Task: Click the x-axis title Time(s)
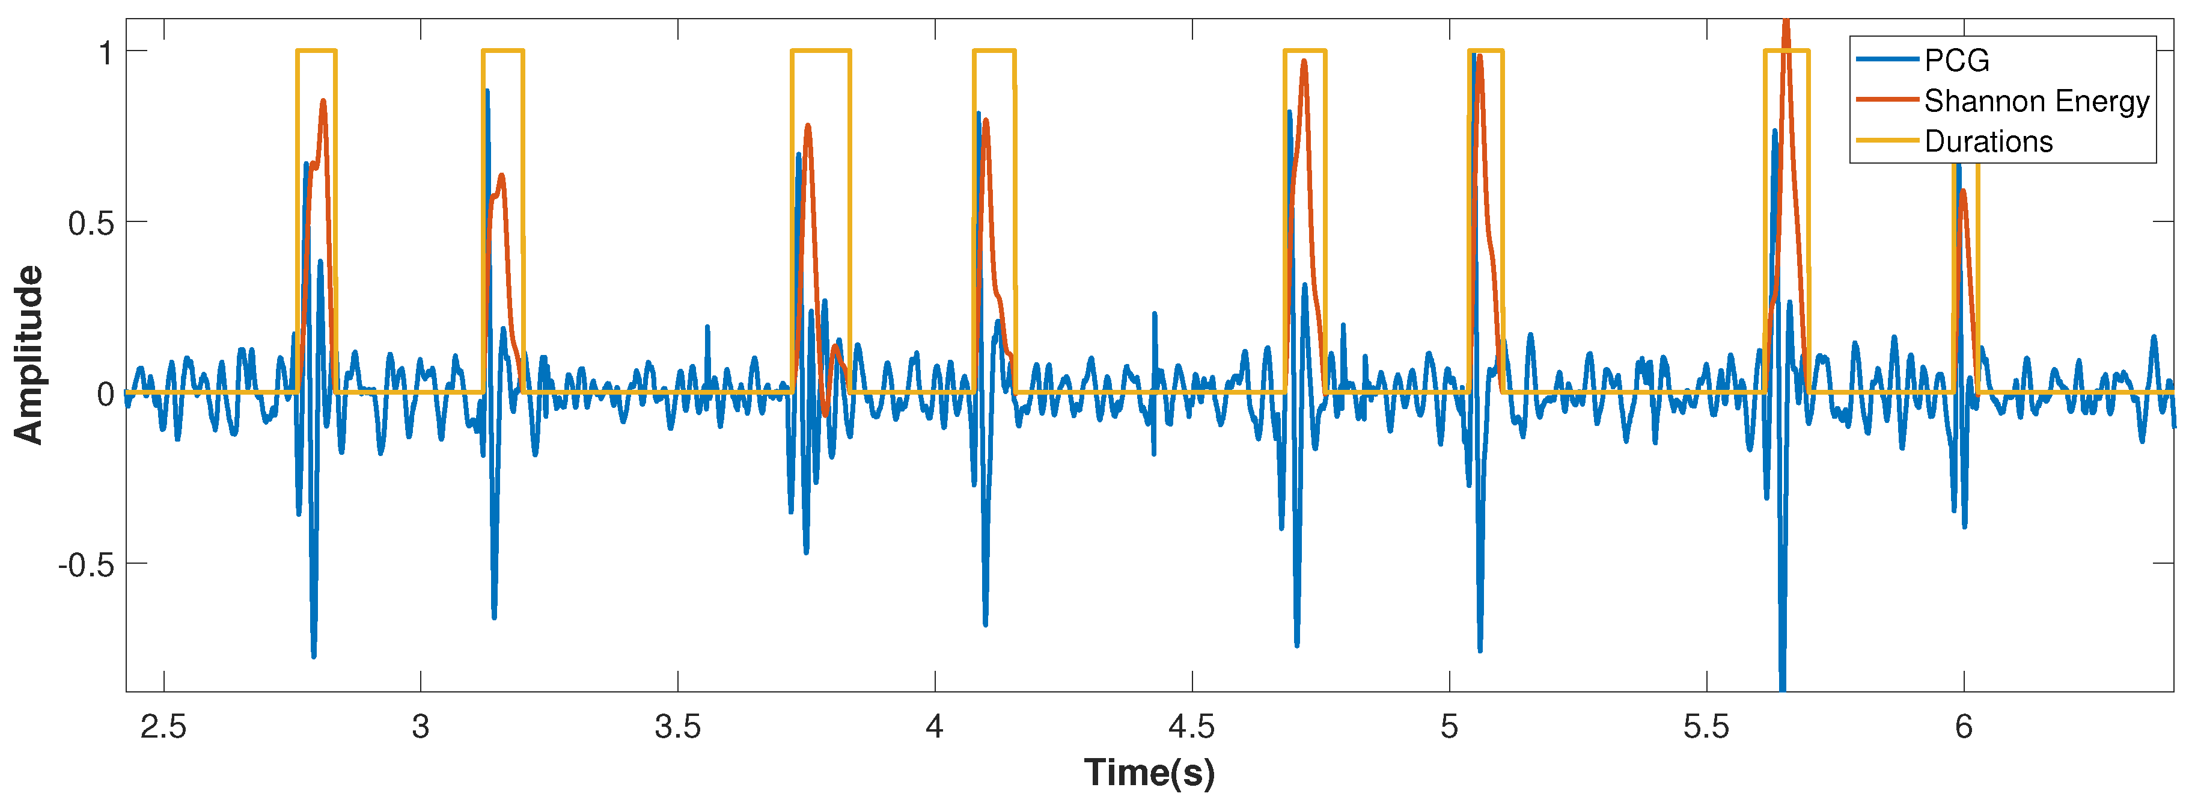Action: coord(1149,773)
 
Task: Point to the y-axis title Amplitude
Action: coord(29,354)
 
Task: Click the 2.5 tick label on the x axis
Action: coord(163,727)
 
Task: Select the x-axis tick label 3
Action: coord(420,727)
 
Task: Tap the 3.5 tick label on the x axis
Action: coord(677,727)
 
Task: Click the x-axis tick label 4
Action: coord(934,727)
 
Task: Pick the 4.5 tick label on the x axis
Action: coord(1191,727)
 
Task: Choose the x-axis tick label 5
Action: coord(1449,727)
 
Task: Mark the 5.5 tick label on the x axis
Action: coord(1706,727)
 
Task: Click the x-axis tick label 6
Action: coord(1964,727)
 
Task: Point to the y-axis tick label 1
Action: coord(106,54)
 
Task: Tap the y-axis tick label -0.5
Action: coord(86,566)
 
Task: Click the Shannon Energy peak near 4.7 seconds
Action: coord(1304,61)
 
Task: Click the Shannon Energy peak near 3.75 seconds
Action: coord(808,126)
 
